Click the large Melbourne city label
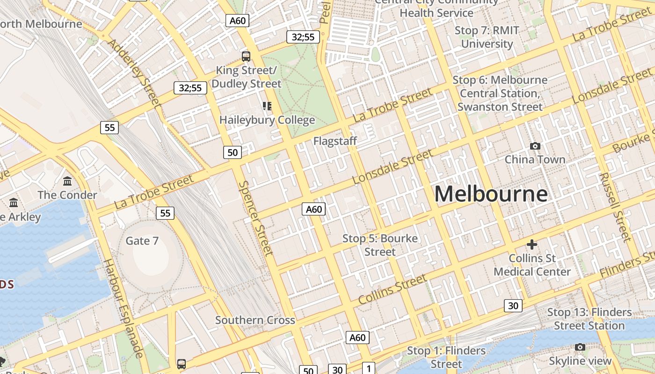[x=491, y=194]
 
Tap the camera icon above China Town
[x=535, y=146]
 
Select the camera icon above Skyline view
[x=580, y=347]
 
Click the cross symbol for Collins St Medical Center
[x=531, y=244]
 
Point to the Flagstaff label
[x=335, y=141]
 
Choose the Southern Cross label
[x=255, y=320]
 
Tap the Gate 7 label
[x=142, y=241]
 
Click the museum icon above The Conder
[x=67, y=181]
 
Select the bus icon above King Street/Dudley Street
[x=246, y=57]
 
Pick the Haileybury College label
[x=267, y=120]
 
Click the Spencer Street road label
[x=255, y=218]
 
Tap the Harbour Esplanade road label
[x=123, y=308]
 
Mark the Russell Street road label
[x=615, y=207]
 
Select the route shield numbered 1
[x=369, y=368]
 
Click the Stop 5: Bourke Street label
[x=380, y=245]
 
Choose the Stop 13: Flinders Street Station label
[x=589, y=319]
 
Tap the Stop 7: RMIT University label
[x=487, y=37]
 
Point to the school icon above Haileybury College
[x=267, y=106]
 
